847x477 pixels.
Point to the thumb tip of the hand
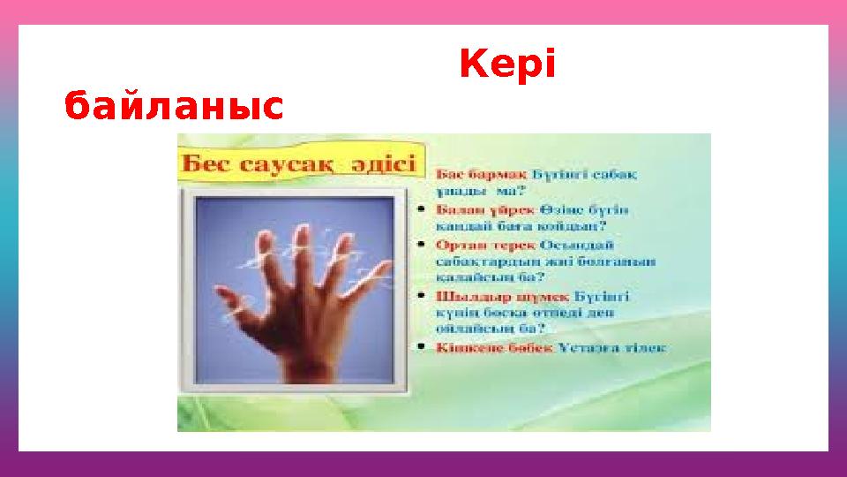pos(235,311)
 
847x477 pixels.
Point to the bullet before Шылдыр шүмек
pos(424,296)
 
